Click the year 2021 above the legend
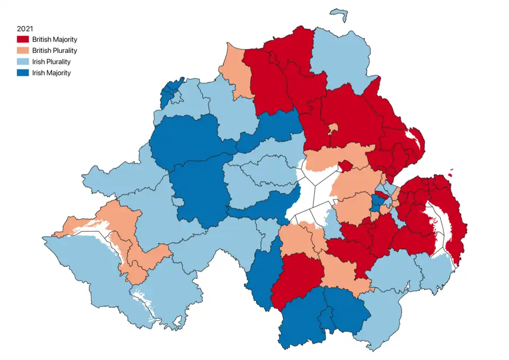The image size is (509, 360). [25, 29]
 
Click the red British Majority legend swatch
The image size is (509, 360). [22, 40]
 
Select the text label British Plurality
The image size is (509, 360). [54, 51]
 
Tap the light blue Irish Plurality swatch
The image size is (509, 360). [22, 62]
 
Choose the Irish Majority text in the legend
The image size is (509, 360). [51, 73]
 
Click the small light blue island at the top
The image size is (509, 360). [338, 13]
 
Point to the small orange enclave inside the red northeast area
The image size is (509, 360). [333, 129]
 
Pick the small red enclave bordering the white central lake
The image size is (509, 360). [345, 166]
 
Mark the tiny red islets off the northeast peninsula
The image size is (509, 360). [451, 171]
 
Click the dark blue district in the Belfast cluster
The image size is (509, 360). [376, 204]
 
